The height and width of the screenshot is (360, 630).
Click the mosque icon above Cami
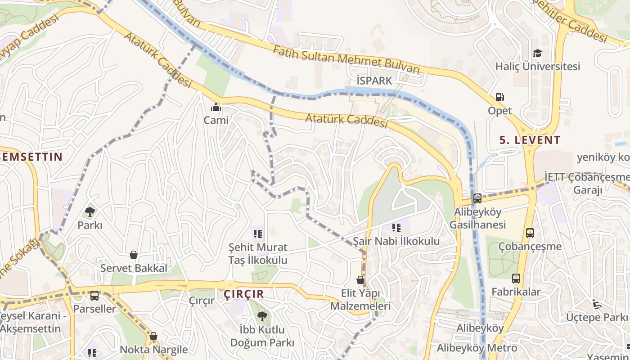pos(216,108)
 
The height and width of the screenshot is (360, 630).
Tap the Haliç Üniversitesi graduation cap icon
pos(537,54)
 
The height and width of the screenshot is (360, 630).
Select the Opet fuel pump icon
pos(499,97)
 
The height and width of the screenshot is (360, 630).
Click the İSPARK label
pos(374,81)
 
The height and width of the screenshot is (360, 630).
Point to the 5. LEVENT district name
pos(530,140)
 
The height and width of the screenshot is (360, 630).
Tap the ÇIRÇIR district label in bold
pos(243,294)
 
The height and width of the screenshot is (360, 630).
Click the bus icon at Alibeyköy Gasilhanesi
pos(477,198)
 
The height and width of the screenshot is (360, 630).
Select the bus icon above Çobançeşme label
pos(530,233)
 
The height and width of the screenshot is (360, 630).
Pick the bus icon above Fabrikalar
pos(516,279)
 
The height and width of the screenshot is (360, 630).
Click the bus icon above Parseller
pos(94,296)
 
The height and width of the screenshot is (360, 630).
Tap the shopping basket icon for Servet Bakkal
pos(134,255)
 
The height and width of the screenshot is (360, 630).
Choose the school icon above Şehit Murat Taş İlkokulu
pos(257,234)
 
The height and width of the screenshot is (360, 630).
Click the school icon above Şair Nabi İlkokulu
pos(396,228)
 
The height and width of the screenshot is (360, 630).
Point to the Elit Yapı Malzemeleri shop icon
pos(360,280)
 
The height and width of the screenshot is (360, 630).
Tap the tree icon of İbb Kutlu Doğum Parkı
pos(262,316)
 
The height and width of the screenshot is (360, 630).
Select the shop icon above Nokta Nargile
pos(153,336)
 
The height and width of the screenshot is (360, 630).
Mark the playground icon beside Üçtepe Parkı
pos(597,304)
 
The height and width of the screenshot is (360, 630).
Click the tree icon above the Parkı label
pos(90,211)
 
